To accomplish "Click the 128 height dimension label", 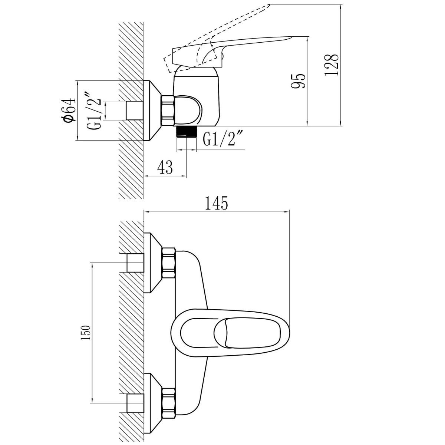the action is coord(332,65).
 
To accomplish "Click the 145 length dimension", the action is coord(216,203).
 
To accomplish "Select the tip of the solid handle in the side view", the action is coord(291,36).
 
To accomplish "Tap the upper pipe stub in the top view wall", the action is coord(135,263).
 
